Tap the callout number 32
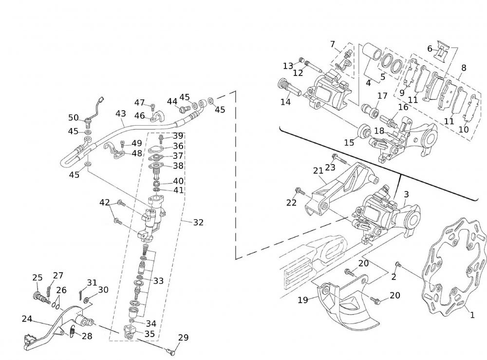[198, 223]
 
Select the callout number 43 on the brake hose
[121, 114]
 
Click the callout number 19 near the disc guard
[303, 300]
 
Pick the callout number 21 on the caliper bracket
[318, 171]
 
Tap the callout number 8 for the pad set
[464, 68]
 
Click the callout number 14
[285, 102]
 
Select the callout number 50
[74, 117]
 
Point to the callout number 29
[183, 338]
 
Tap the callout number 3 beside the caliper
[406, 194]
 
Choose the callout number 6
[430, 48]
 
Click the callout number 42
[105, 202]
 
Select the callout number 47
[140, 102]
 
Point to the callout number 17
[382, 96]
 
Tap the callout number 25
[37, 278]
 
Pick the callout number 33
[158, 281]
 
